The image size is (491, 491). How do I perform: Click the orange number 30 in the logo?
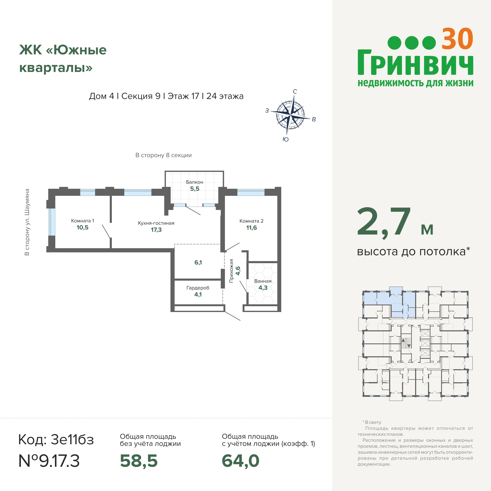coord(457,39)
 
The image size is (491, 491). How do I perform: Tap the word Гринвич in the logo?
coord(415,63)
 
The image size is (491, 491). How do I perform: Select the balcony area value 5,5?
coord(195,189)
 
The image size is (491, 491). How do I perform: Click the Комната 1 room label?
coord(83,221)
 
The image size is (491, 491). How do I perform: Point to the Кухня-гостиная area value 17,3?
coord(156,230)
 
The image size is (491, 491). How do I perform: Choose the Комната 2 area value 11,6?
coord(251,228)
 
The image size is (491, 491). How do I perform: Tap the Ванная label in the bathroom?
coord(263,281)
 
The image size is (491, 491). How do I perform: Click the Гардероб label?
coord(198,288)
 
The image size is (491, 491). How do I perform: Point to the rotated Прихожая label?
coord(231,271)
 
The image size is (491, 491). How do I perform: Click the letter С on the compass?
coord(295,92)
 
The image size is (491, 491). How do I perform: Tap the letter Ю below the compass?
coord(286,139)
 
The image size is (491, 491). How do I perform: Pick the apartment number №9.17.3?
coord(49,461)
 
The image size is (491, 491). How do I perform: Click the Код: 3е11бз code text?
coord(56,439)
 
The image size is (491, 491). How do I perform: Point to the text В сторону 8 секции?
coord(163,155)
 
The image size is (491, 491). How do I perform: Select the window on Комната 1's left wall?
coord(52,222)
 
